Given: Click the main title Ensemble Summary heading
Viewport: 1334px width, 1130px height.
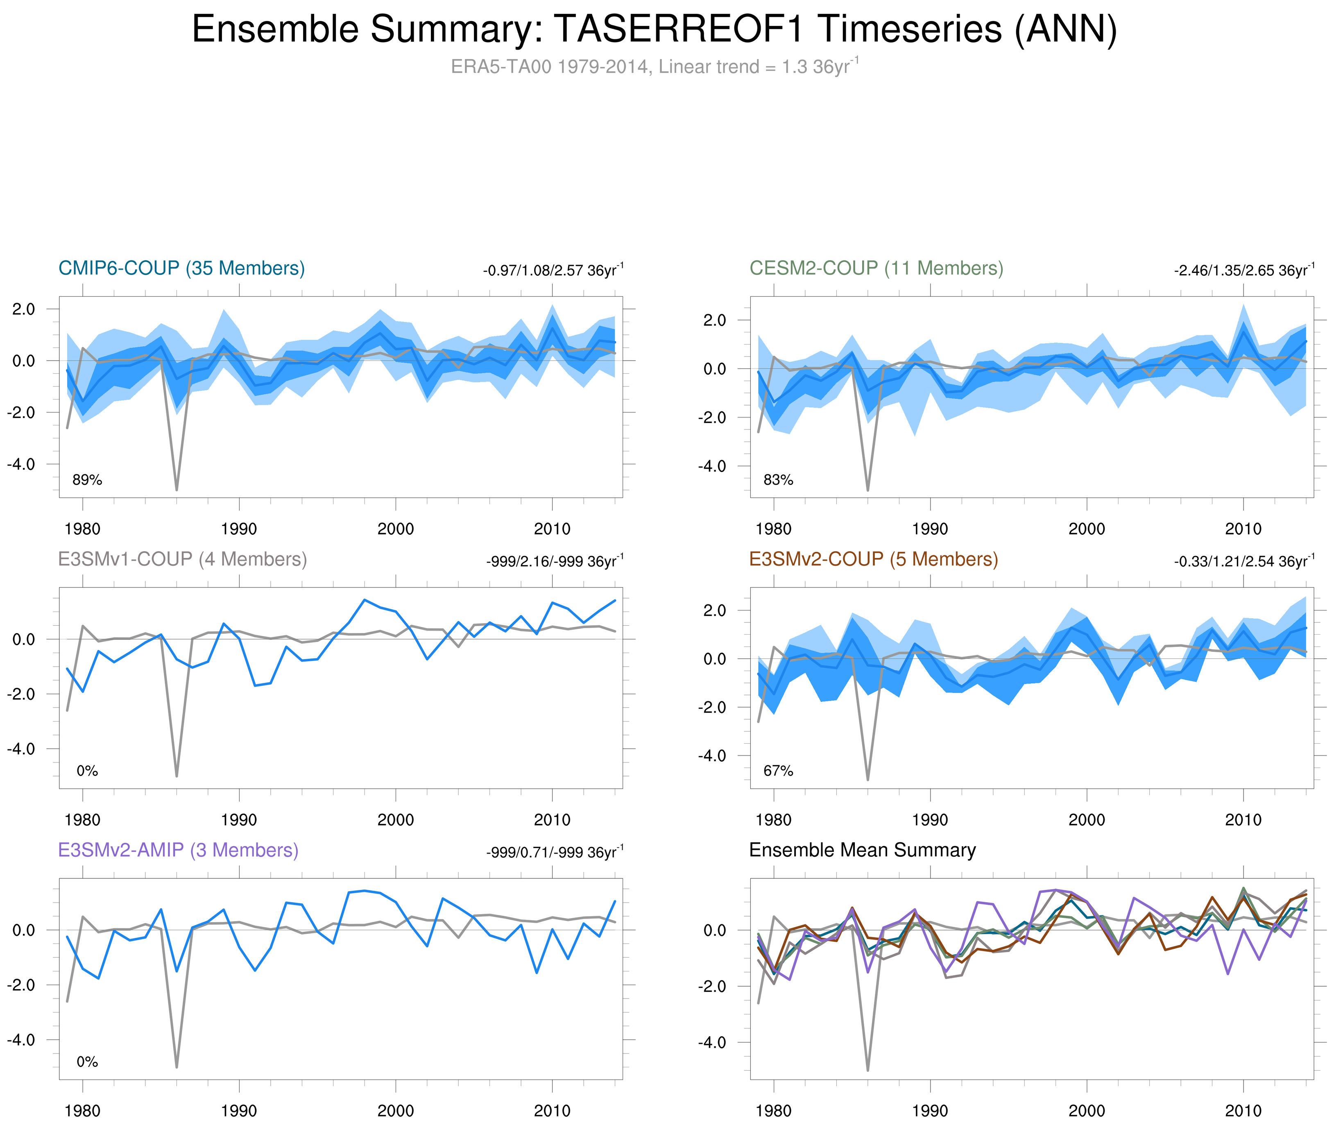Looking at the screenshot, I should point(653,29).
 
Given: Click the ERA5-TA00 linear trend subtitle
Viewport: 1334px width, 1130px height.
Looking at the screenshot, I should point(653,67).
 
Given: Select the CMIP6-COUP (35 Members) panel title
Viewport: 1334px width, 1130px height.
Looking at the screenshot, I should point(181,268).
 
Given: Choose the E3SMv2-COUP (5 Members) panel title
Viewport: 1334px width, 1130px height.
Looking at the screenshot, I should point(873,559).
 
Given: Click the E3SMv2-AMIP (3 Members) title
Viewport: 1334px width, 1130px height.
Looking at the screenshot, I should point(178,850).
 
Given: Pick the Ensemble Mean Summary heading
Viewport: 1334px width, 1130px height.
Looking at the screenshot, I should point(862,850).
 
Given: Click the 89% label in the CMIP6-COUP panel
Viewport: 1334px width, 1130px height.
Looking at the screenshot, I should point(87,480).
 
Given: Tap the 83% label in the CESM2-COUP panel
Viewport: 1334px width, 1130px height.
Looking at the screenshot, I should point(778,480).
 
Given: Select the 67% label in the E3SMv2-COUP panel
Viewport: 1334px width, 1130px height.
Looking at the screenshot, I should point(778,771).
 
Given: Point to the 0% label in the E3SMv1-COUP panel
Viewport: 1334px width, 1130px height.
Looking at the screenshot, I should point(87,771).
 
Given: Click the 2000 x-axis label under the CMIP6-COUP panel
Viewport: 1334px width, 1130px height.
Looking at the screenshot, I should point(395,529).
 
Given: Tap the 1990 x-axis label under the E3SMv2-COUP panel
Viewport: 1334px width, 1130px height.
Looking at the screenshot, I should point(930,820).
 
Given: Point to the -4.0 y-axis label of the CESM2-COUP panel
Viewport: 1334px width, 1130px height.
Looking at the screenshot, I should point(712,466).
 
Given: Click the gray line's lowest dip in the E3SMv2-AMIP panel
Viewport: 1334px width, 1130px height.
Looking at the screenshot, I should point(177,1066).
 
